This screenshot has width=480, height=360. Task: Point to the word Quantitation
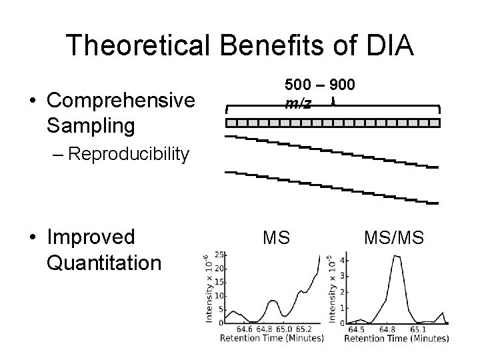coord(105,262)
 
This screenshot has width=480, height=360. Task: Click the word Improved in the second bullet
coord(91,237)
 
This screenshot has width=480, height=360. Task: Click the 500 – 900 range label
coord(320,85)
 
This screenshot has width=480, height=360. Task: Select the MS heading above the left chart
coord(276,236)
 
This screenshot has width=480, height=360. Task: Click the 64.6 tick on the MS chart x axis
coord(243,329)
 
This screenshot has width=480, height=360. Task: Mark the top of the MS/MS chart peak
coord(397,256)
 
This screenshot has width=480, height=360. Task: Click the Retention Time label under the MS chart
coord(272,339)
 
